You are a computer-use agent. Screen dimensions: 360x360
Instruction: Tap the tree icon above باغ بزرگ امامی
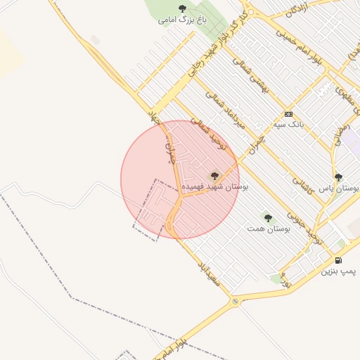183,8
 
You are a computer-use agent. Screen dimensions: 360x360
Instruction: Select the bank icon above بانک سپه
288,114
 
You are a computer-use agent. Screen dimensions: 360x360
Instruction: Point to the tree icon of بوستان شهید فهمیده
214,176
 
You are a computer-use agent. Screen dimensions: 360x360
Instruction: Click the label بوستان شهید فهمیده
214,188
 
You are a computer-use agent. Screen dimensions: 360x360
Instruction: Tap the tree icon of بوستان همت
268,218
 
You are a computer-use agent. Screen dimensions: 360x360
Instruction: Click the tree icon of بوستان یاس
338,177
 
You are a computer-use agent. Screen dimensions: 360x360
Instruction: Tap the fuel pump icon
339,260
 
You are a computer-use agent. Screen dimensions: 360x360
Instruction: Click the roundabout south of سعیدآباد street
235,301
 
